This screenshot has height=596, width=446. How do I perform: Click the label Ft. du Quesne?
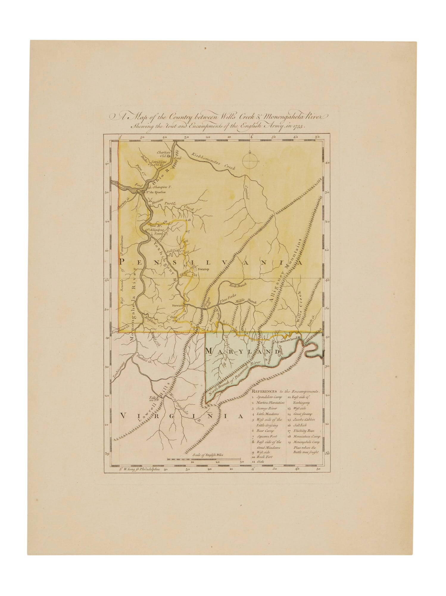coord(155,192)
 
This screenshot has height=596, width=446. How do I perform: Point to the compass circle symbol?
coord(250,161)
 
